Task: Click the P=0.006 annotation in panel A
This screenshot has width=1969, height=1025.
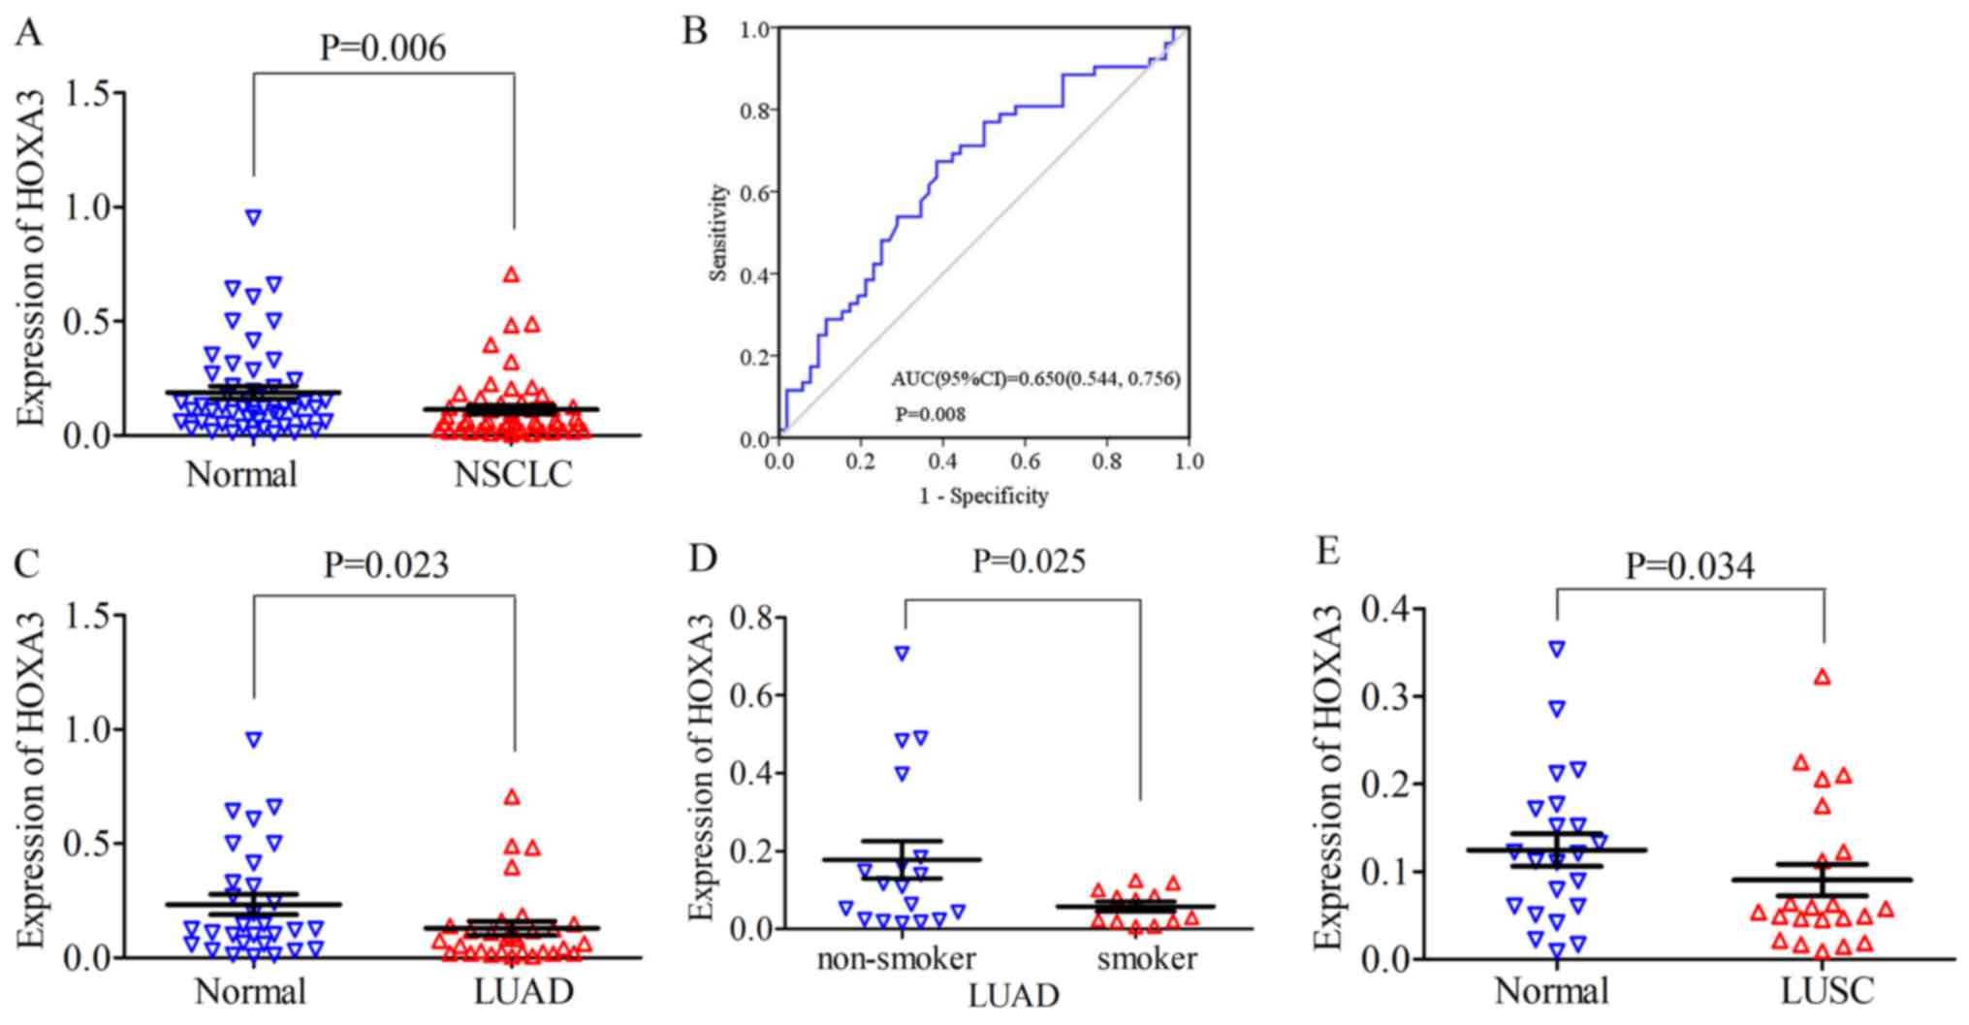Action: [x=383, y=47]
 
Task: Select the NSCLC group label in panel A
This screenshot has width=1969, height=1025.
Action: [x=513, y=474]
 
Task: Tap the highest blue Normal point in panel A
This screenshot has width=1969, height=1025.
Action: [x=254, y=217]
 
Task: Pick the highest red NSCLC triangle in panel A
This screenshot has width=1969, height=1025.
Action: [x=511, y=274]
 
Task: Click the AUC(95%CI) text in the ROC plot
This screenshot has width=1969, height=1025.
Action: [x=1035, y=379]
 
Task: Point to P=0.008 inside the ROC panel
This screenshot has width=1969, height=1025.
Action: [x=929, y=415]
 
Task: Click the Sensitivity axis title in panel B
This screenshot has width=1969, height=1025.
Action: [x=718, y=233]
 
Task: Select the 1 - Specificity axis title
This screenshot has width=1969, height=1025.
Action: [x=984, y=496]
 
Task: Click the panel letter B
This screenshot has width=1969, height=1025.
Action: [x=695, y=31]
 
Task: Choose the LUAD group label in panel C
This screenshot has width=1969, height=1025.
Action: [x=524, y=992]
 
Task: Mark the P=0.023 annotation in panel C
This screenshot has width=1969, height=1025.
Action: [x=386, y=564]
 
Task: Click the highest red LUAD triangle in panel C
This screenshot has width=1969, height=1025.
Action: [x=512, y=797]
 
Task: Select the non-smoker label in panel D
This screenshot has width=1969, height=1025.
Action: [x=896, y=959]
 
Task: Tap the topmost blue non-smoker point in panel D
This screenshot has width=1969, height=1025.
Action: [x=903, y=654]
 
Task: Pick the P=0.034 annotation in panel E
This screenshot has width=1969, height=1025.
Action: [x=1690, y=566]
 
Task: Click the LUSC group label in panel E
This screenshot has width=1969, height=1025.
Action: [x=1827, y=992]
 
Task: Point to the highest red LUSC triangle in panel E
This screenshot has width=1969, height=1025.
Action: [x=1823, y=677]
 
